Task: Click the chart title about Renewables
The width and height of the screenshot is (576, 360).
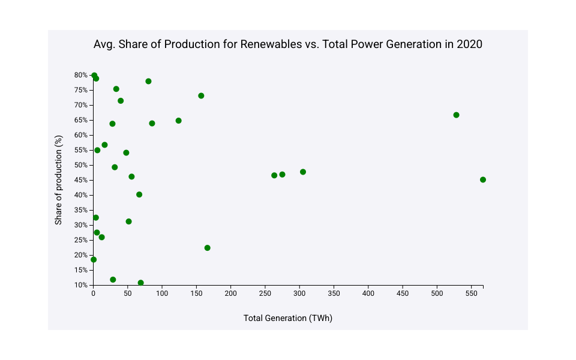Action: (x=287, y=44)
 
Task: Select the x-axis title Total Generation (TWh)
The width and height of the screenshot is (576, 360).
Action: (x=287, y=318)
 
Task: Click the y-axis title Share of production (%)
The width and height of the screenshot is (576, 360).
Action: (x=59, y=180)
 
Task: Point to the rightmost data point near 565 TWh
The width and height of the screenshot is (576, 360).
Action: (x=483, y=179)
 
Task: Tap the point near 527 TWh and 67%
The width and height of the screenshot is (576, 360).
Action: (x=456, y=115)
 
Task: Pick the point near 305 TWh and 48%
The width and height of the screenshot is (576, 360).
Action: (x=303, y=172)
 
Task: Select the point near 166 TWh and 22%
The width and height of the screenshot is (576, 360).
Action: (x=208, y=248)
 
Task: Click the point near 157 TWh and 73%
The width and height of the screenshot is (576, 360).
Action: (x=201, y=95)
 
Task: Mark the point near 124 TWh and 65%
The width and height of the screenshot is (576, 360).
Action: (x=178, y=121)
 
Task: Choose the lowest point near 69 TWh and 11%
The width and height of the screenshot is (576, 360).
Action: (x=140, y=283)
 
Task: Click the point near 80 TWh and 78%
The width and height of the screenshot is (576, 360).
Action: (x=148, y=81)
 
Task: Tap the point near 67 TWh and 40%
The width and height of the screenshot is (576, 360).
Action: (x=139, y=194)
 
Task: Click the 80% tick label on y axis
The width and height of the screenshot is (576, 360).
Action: (x=81, y=75)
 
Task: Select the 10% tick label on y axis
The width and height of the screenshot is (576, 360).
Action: (x=81, y=285)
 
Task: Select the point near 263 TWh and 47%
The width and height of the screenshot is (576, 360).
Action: (x=274, y=175)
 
